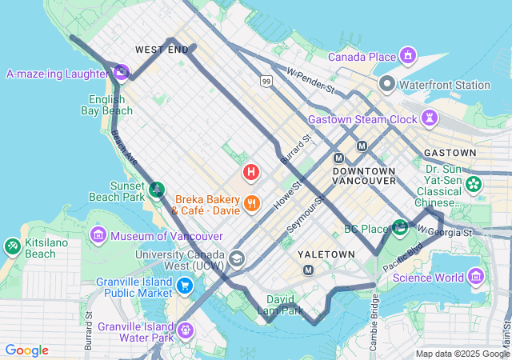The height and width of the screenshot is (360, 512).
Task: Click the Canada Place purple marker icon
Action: [x=408, y=56]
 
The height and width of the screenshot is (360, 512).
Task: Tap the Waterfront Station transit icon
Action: [x=387, y=84]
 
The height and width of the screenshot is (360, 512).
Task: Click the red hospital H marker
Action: [x=251, y=172]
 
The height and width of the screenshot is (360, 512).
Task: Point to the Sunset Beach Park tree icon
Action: [x=158, y=190]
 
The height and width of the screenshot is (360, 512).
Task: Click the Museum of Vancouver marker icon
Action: [x=98, y=235]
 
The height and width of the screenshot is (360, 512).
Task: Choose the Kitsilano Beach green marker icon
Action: [x=13, y=246]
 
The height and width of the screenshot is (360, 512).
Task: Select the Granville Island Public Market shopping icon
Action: [x=185, y=286]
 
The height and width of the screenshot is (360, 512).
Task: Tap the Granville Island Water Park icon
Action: [x=186, y=330]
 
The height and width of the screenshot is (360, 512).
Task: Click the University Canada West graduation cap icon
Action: [x=237, y=258]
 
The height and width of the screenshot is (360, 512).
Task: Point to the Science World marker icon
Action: [x=476, y=277]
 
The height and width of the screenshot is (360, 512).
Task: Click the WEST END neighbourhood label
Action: [x=162, y=50]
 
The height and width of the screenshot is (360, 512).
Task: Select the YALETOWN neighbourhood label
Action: [x=326, y=254]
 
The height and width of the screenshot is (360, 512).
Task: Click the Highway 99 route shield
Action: [x=265, y=80]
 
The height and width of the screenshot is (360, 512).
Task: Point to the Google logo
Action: [x=26, y=350]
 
